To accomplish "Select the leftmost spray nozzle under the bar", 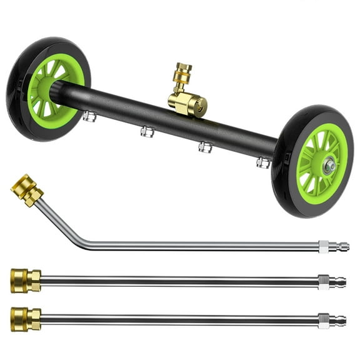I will (x=89, y=116).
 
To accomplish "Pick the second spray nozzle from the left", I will (x=147, y=131).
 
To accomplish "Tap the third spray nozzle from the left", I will (x=204, y=147).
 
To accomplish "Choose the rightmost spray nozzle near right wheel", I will (x=262, y=163).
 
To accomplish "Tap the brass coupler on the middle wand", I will (x=26, y=279).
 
